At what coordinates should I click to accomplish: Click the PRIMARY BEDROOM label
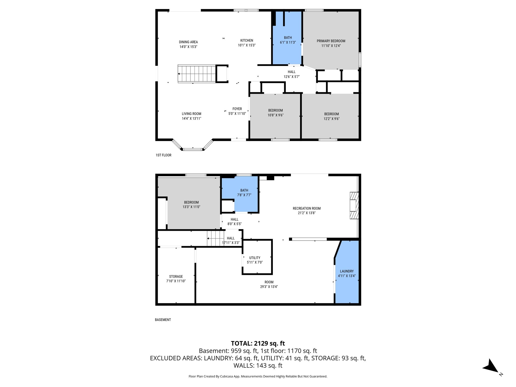(331, 41)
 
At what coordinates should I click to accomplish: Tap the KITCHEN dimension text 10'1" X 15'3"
(247, 45)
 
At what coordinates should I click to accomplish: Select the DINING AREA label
(188, 42)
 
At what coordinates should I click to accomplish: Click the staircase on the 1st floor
(197, 74)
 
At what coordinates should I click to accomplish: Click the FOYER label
(237, 109)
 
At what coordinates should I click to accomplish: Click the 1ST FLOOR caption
(164, 155)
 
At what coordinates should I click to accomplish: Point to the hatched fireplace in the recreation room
(354, 205)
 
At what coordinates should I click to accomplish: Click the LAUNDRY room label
(347, 271)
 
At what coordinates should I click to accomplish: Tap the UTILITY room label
(255, 258)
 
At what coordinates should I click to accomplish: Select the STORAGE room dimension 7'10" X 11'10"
(176, 281)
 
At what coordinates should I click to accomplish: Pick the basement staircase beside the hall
(215, 238)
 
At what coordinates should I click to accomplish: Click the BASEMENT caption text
(163, 320)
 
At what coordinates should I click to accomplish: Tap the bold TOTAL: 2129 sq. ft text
(258, 343)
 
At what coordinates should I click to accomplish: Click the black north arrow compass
(490, 367)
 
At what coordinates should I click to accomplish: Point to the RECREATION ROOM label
(307, 208)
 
